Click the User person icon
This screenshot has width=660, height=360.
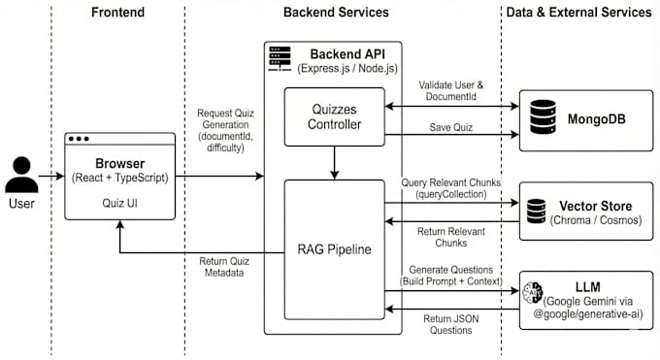(21, 175)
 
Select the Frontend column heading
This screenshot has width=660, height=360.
(117, 13)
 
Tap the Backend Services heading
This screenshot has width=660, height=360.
(336, 13)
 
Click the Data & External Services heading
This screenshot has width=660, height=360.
(578, 13)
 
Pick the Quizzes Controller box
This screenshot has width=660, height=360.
(334, 116)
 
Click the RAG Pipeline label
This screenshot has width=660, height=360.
(334, 249)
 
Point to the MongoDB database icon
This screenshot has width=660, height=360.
(543, 117)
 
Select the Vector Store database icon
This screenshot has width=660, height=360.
(536, 211)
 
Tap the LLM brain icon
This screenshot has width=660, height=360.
(533, 292)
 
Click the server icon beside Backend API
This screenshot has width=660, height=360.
(280, 59)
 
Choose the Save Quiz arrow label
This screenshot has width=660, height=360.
(450, 127)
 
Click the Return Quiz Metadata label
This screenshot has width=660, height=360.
(224, 267)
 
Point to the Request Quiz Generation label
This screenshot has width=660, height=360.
(225, 131)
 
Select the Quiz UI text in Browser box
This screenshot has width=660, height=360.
(120, 203)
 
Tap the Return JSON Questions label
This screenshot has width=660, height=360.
(450, 324)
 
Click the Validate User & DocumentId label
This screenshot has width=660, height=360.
(450, 90)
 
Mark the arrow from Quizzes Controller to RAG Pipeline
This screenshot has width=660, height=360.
(334, 163)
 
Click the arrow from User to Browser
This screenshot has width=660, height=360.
(51, 176)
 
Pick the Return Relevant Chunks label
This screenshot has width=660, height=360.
(450, 237)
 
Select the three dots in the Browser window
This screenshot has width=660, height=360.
(79, 139)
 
